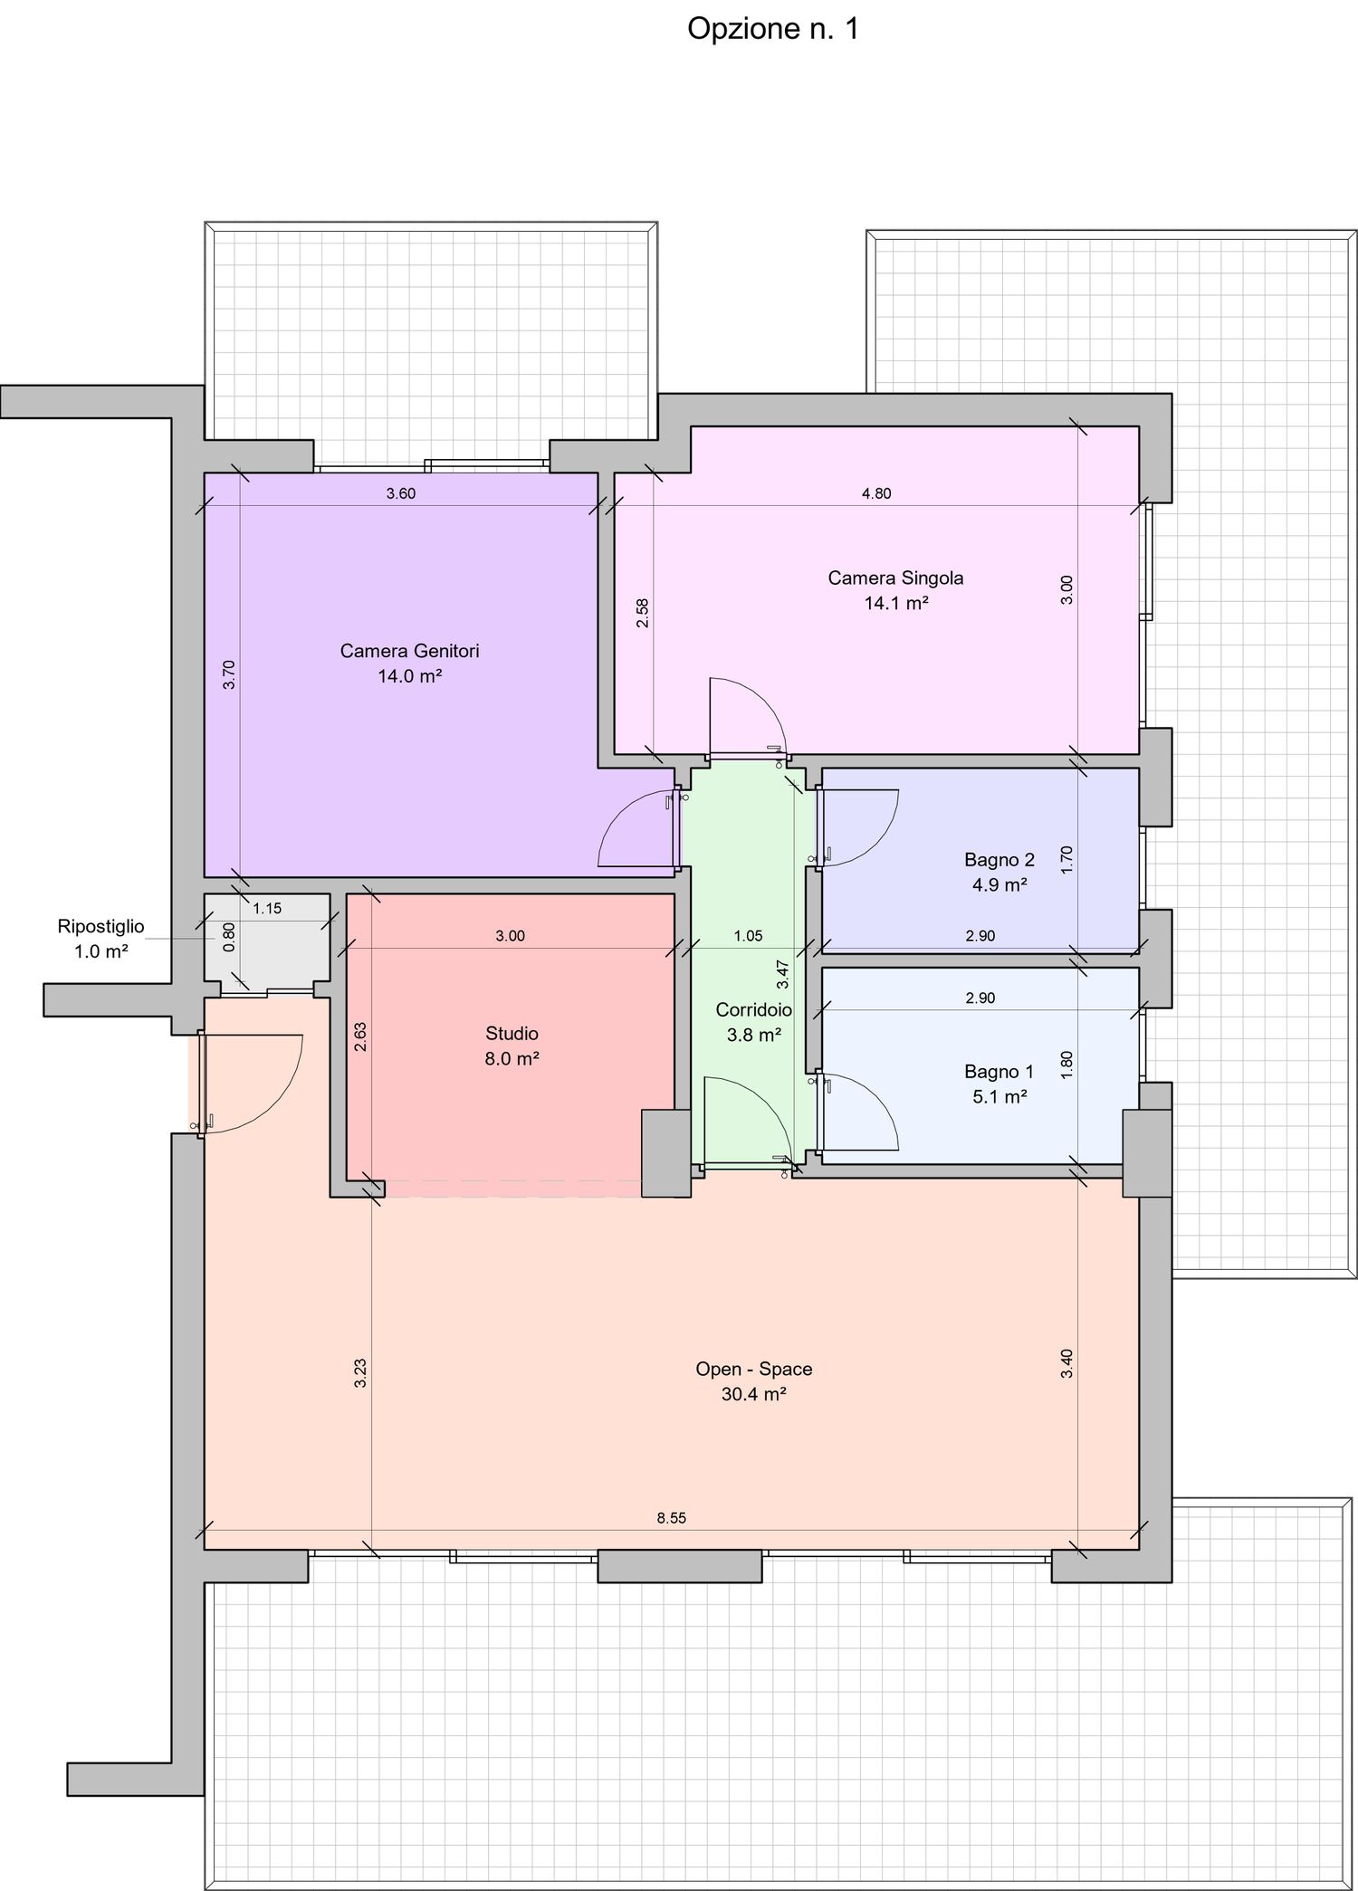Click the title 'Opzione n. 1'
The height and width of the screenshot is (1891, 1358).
click(772, 29)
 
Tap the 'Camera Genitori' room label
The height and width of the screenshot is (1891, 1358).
click(409, 651)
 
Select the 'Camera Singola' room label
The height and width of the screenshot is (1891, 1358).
click(895, 578)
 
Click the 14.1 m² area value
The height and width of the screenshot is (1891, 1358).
click(895, 603)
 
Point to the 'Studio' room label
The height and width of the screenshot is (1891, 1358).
click(512, 1033)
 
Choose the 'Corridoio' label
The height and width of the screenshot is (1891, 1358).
click(753, 1009)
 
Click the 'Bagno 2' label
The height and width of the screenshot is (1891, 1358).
click(999, 859)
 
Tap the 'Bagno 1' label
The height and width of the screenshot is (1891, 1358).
click(999, 1072)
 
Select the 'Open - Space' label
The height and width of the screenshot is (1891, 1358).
click(753, 1369)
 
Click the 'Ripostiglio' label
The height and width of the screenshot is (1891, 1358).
click(100, 926)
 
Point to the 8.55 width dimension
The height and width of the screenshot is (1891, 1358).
click(671, 1518)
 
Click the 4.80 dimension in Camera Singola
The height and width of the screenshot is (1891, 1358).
click(875, 493)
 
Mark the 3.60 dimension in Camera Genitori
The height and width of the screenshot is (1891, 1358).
click(400, 493)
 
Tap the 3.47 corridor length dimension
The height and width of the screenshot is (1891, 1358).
click(783, 973)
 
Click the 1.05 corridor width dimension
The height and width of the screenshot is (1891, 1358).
click(748, 936)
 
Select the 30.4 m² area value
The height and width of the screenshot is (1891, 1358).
click(753, 1394)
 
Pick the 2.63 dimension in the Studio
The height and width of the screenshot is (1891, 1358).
click(360, 1036)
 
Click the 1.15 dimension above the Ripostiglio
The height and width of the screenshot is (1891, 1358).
click(267, 909)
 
